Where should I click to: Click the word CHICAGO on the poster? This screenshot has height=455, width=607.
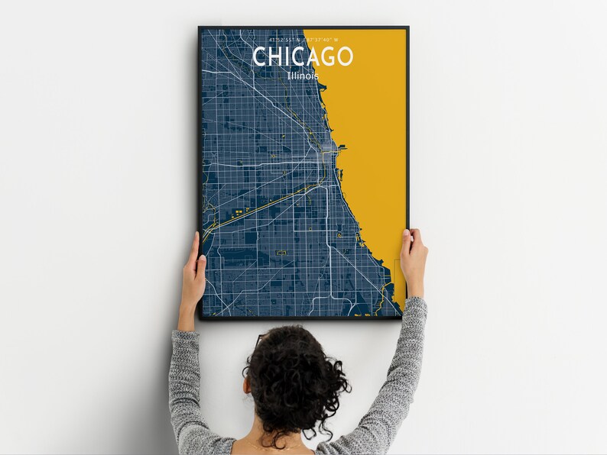[x=303, y=56]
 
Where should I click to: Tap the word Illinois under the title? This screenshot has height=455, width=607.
[x=303, y=76]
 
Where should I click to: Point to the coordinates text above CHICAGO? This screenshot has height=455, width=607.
[x=303, y=40]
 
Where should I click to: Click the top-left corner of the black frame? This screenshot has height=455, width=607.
[x=200, y=28]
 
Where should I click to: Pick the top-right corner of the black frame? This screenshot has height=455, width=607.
[x=407, y=28]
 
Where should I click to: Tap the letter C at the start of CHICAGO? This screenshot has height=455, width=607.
[x=260, y=56]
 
